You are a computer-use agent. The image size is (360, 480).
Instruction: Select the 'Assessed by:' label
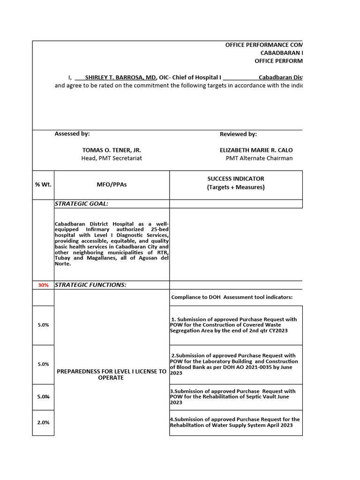(72, 134)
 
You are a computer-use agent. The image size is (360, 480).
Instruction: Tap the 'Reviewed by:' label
(238, 135)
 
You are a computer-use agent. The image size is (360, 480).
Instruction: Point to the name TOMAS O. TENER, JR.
(112, 150)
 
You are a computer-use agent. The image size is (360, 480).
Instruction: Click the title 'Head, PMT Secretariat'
(112, 158)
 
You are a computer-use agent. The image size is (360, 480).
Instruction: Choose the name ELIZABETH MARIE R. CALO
(256, 150)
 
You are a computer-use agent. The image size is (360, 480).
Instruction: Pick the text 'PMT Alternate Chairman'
(259, 158)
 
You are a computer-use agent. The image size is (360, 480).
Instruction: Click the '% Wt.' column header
(43, 185)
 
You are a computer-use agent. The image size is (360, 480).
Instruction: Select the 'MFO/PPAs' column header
(112, 185)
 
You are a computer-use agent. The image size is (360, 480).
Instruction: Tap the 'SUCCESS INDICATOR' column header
(236, 179)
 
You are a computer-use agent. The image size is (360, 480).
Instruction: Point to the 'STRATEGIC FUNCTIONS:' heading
(90, 285)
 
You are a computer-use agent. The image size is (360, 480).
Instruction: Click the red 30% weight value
(43, 285)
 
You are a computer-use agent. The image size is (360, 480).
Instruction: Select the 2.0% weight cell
(43, 422)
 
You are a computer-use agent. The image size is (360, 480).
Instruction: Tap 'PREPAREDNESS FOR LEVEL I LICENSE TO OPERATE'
(112, 375)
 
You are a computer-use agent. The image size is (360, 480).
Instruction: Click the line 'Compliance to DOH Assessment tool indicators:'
(232, 297)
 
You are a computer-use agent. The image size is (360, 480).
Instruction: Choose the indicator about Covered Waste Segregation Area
(234, 325)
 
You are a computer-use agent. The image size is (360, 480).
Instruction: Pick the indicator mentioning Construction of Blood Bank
(234, 364)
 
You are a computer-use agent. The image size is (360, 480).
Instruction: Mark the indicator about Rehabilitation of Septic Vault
(232, 397)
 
